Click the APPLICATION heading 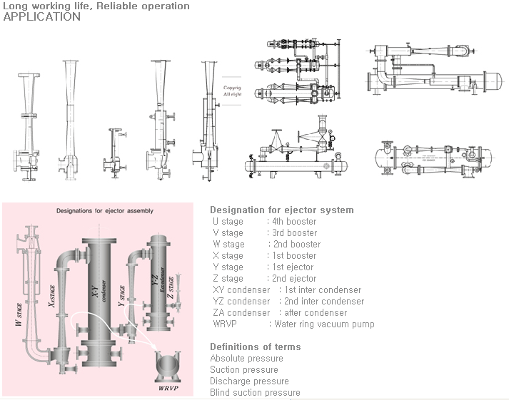pyautogui.click(x=42, y=17)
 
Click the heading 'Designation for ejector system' pyautogui.click(x=281, y=210)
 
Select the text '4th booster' pyautogui.click(x=293, y=221)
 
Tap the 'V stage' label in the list pyautogui.click(x=228, y=232)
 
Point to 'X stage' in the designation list pyautogui.click(x=228, y=255)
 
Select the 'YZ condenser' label pyautogui.click(x=241, y=301)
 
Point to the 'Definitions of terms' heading pyautogui.click(x=256, y=347)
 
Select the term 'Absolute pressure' pyautogui.click(x=246, y=358)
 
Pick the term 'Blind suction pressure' pyautogui.click(x=255, y=392)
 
